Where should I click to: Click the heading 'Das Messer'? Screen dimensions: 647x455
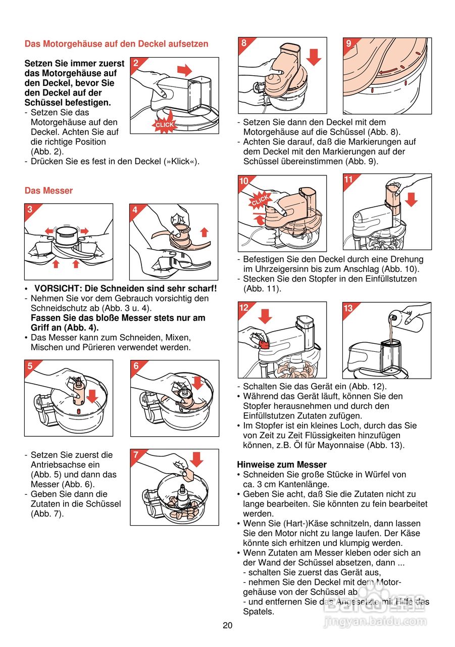click(48, 191)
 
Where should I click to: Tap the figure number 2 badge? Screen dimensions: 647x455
click(136, 63)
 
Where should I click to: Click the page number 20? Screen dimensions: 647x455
click(227, 625)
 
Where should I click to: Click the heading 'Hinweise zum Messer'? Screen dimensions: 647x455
click(282, 465)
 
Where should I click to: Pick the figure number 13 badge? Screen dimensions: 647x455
click(348, 308)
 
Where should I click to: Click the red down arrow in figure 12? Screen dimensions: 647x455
click(265, 315)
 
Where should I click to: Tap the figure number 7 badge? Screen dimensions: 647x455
click(136, 455)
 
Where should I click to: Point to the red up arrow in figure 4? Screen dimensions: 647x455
click(204, 232)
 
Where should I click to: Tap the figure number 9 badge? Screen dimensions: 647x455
click(348, 43)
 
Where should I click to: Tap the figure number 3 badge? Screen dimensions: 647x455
click(30, 210)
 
